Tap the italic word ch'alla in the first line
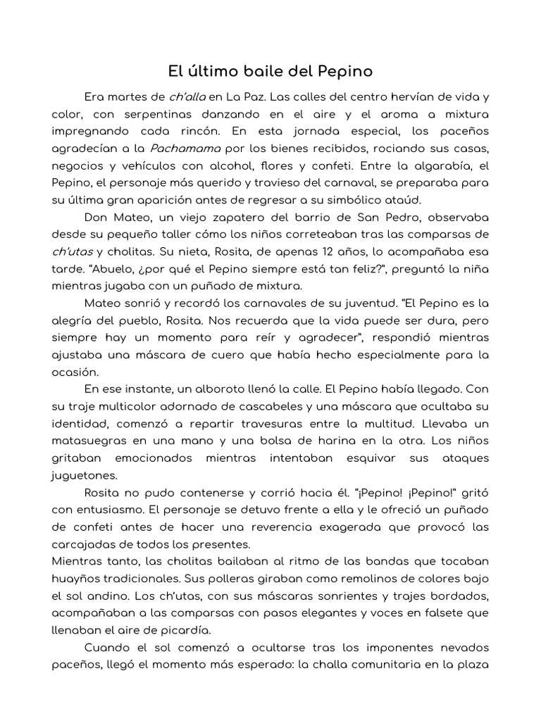187,96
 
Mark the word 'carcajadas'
83,544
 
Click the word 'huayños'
77,578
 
